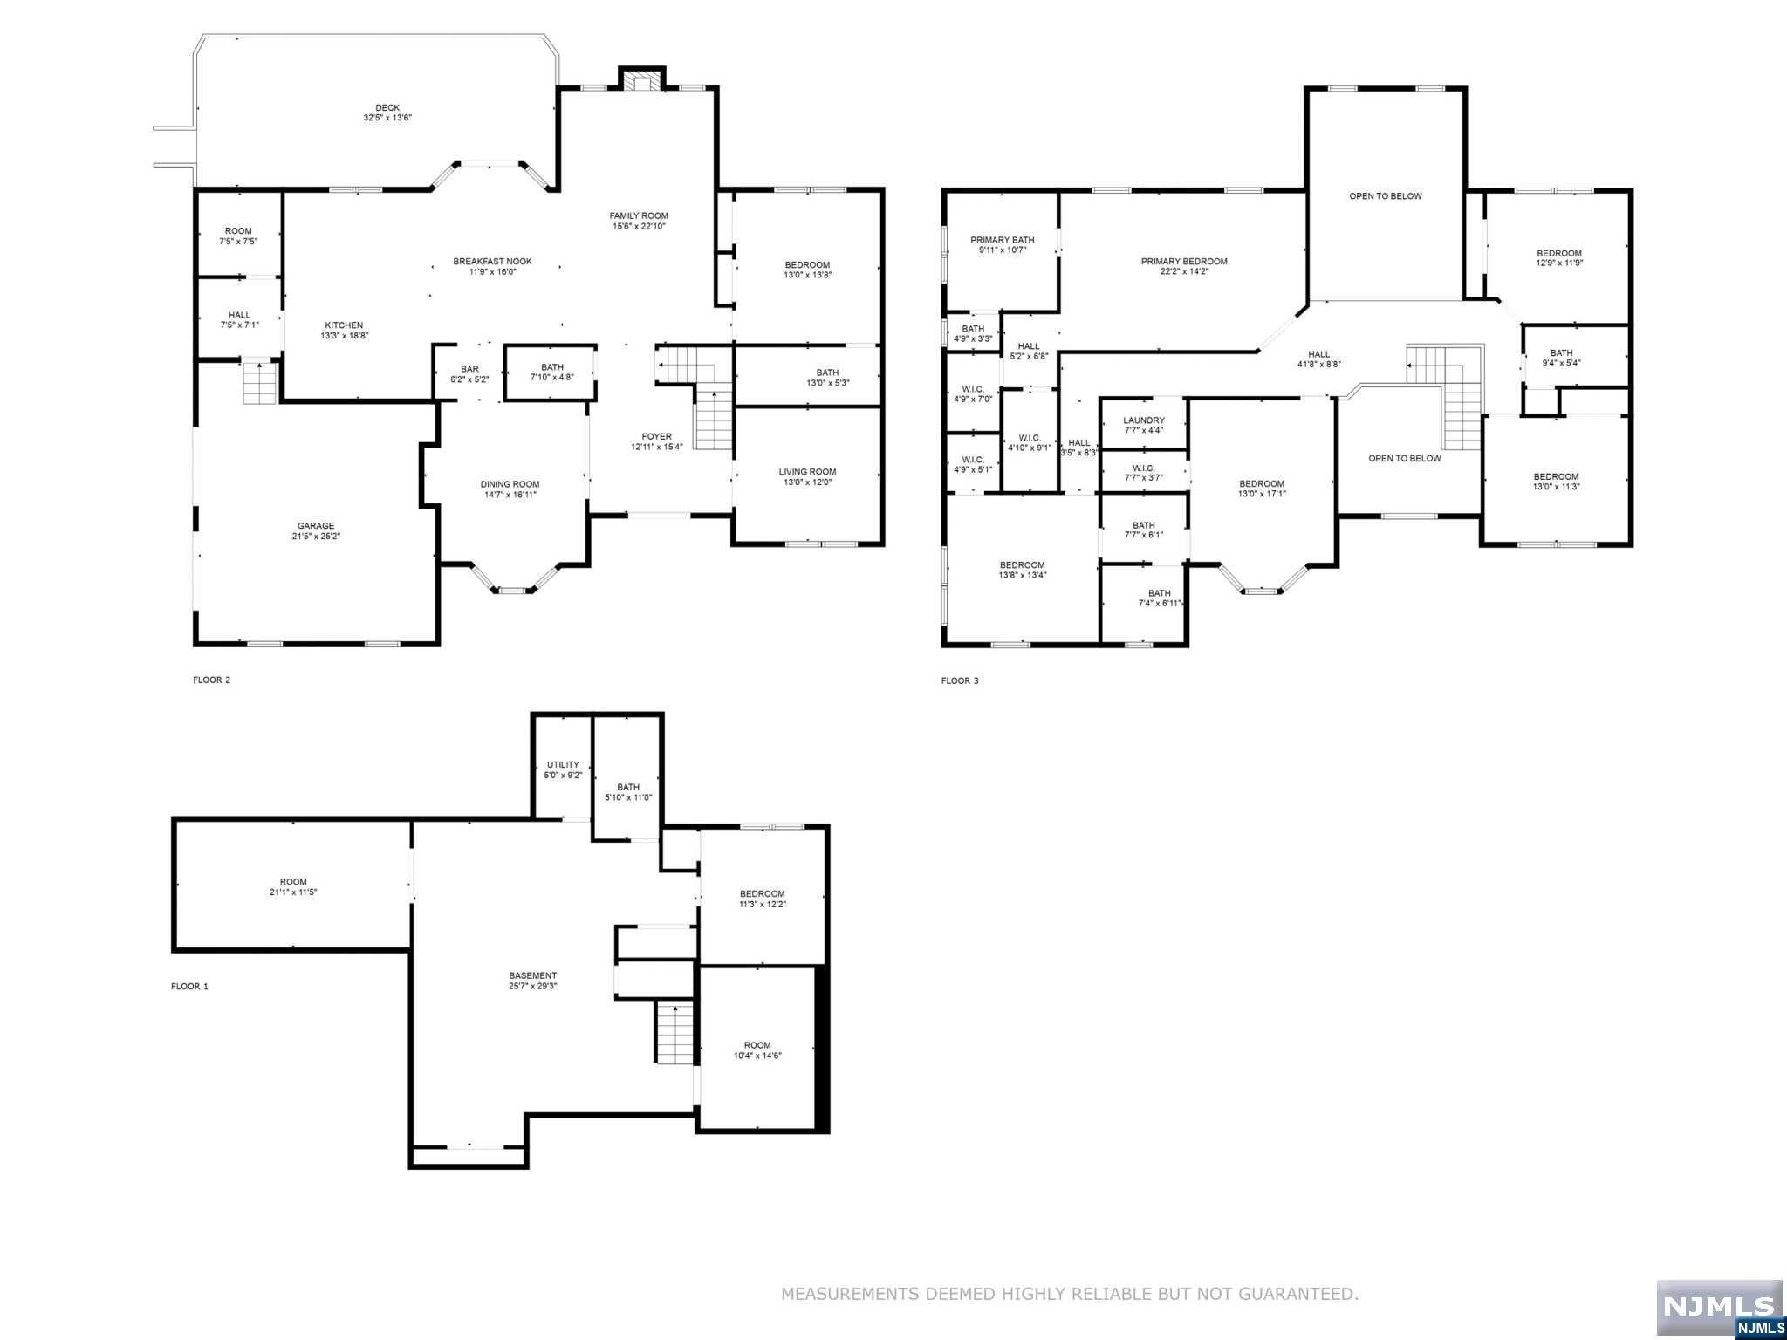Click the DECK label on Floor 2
click(387, 108)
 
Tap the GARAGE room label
click(316, 526)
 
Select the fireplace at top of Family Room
click(642, 81)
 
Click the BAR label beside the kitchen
click(470, 369)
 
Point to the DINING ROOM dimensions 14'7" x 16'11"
click(510, 495)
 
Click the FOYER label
click(657, 436)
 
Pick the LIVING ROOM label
click(807, 472)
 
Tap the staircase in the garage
click(259, 382)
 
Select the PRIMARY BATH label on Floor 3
click(1003, 240)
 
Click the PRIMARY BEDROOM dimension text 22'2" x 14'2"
click(1184, 271)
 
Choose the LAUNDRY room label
click(1143, 420)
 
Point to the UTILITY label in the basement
click(563, 764)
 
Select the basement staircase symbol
click(675, 1033)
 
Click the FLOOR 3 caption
click(959, 680)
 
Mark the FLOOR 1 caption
click(189, 987)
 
